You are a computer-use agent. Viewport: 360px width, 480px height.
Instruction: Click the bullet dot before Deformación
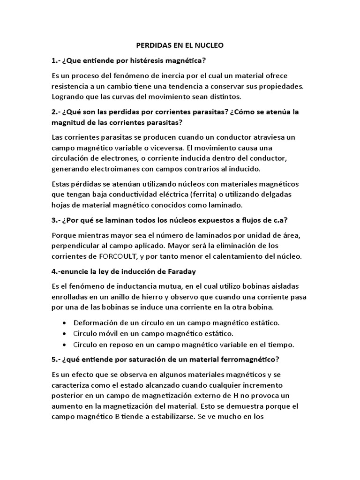pyautogui.click(x=64, y=323)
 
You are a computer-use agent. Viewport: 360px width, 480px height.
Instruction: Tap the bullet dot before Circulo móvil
pyautogui.click(x=64, y=334)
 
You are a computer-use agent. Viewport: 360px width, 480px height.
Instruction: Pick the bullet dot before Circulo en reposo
pyautogui.click(x=64, y=345)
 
